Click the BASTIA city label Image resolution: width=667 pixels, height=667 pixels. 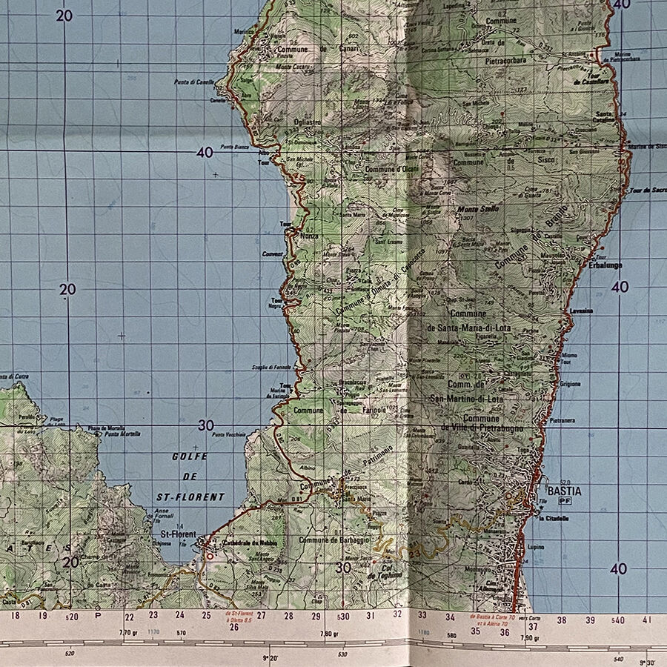564,491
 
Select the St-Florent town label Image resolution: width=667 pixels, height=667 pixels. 179,533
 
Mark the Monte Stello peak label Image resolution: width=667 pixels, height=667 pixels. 478,209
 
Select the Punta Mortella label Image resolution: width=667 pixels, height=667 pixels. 122,434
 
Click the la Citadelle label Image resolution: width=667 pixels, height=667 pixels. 554,518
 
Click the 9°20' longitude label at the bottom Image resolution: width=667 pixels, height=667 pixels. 271,657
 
